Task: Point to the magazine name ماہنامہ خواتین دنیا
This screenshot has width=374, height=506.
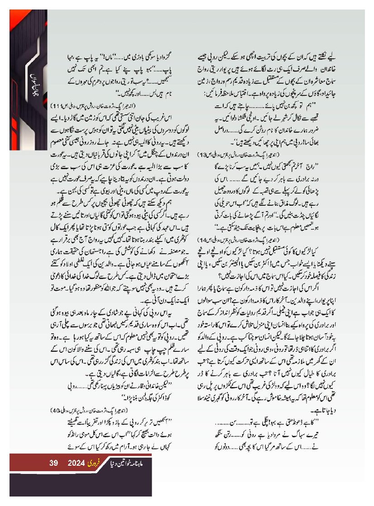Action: (x=132, y=463)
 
